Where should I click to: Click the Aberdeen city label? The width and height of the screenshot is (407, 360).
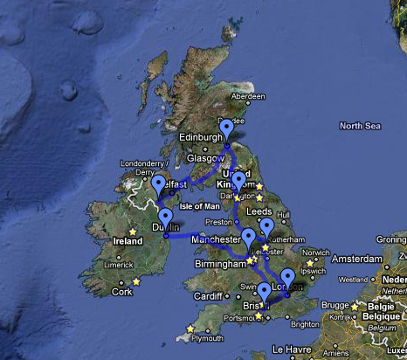tap(248, 96)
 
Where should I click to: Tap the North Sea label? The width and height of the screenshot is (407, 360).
tap(361, 127)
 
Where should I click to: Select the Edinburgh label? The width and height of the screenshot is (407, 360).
tap(203, 137)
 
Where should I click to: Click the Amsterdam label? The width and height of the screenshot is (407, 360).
tap(355, 260)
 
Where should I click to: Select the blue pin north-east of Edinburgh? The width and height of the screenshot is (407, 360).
tap(227, 128)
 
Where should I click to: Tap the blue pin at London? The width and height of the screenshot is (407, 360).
tap(287, 279)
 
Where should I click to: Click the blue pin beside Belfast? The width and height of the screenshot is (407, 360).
tap(159, 185)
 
